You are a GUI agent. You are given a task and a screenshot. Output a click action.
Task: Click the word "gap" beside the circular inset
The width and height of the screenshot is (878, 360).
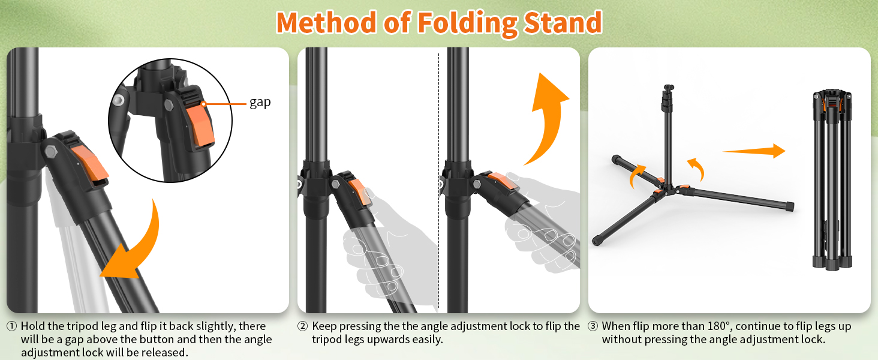click(x=260, y=103)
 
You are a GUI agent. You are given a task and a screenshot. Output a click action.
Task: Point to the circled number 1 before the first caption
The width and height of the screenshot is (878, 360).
click(x=12, y=327)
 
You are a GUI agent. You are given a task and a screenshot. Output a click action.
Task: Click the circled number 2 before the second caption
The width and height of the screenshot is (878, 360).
click(x=303, y=327)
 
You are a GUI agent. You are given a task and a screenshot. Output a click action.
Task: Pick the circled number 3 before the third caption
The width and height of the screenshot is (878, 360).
click(x=593, y=327)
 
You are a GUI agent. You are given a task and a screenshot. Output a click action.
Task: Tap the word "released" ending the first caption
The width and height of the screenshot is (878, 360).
click(x=166, y=353)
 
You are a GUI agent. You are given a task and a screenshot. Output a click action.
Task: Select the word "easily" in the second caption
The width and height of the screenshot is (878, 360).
click(x=425, y=340)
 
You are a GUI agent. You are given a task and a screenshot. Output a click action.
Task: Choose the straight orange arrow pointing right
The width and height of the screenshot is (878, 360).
click(x=754, y=151)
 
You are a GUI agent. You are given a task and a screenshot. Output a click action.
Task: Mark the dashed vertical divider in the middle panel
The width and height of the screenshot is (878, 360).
click(x=439, y=180)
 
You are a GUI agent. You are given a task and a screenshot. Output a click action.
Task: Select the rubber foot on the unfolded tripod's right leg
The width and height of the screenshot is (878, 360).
click(x=790, y=206)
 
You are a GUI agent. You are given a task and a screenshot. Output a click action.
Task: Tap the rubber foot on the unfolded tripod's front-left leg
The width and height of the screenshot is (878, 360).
click(x=598, y=239)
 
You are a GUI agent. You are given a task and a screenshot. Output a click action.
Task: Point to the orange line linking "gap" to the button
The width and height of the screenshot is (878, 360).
click(x=225, y=103)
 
